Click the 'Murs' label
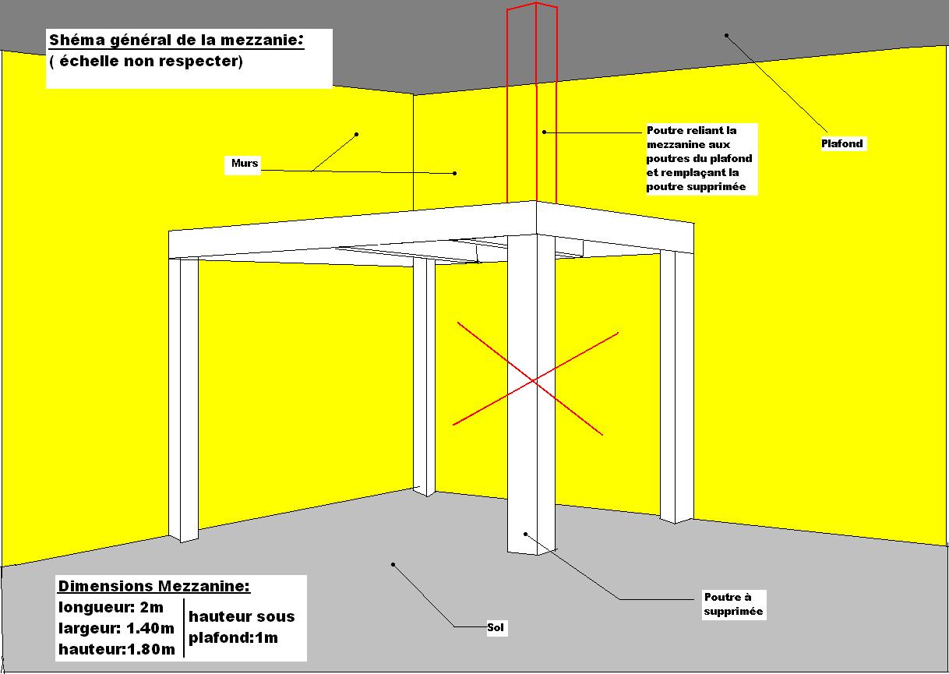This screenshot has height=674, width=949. tap(245, 164)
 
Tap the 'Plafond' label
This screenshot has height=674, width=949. tap(843, 143)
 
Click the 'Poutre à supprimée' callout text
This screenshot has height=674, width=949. tap(733, 605)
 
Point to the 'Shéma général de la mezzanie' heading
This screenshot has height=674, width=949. tap(176, 41)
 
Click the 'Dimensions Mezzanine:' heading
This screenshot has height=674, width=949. tap(154, 586)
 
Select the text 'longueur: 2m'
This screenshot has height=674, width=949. tap(111, 608)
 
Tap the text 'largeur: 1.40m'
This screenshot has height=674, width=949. tap(117, 628)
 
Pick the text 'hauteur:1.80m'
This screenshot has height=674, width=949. tap(117, 648)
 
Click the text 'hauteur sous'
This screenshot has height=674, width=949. tap(242, 616)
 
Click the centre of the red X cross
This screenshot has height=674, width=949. tap(534, 380)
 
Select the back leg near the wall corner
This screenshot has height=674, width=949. tap(423, 374)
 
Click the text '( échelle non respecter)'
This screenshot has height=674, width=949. tap(146, 62)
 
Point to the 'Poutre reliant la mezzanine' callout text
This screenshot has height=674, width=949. tap(700, 159)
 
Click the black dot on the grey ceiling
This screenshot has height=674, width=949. tap(726, 35)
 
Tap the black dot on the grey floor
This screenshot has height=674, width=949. tap(393, 564)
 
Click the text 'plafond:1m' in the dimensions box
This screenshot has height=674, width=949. tap(233, 638)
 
